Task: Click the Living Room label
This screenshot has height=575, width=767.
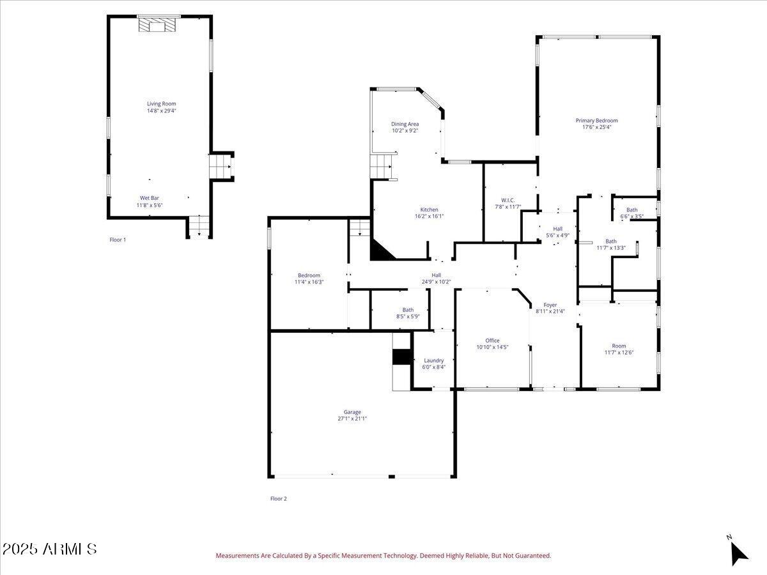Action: [x=161, y=103]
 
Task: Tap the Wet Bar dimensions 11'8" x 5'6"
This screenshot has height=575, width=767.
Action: [x=150, y=206]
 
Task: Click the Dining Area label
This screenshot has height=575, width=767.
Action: [x=405, y=124]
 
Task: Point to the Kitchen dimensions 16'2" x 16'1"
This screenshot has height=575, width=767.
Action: [x=429, y=217]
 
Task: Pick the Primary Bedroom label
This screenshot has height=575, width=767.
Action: [x=596, y=120]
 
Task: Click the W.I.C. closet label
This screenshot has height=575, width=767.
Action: [x=508, y=200]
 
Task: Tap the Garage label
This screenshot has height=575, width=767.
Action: [x=352, y=412]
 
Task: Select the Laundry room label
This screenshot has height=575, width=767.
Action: [x=433, y=360]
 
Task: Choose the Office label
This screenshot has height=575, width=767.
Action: [x=492, y=341]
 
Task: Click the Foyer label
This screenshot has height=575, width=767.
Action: [x=550, y=305]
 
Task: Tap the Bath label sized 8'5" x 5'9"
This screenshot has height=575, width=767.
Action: [x=408, y=310]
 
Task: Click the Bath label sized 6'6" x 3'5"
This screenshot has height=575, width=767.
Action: [x=631, y=210]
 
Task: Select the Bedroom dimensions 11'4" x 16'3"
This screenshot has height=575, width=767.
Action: [x=309, y=282]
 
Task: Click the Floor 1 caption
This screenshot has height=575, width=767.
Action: [x=118, y=240]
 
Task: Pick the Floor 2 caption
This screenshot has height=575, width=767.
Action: [x=279, y=498]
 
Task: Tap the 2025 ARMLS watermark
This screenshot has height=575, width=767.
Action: [x=49, y=549]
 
